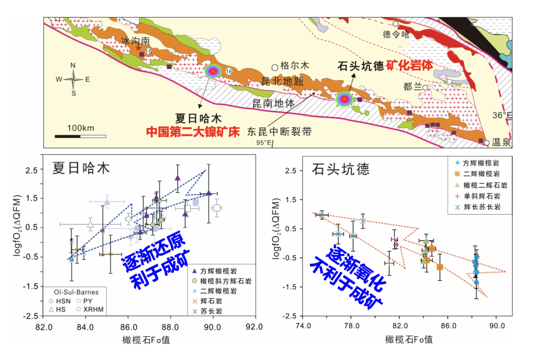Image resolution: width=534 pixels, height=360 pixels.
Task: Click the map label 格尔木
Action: [295, 65]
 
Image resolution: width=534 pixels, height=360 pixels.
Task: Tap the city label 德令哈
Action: [397, 34]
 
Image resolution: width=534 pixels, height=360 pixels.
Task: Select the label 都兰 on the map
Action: [413, 87]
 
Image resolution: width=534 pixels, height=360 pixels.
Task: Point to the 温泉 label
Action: [502, 143]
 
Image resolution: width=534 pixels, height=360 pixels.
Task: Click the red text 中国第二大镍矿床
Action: [192, 132]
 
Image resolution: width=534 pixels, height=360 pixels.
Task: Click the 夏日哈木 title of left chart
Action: [81, 168]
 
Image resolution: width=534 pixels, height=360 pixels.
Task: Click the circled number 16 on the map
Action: [228, 72]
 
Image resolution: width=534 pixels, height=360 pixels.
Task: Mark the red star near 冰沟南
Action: [138, 48]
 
